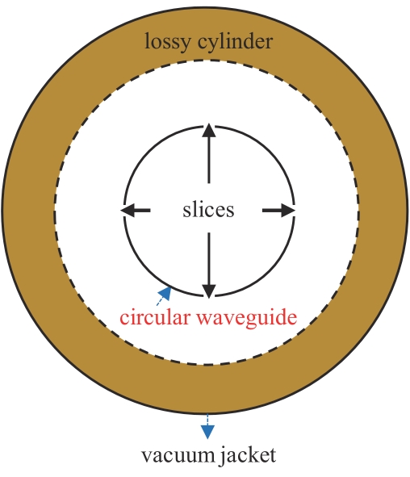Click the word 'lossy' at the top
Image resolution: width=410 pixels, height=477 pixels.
[x=167, y=42]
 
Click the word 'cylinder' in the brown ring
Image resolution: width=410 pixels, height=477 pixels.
[x=235, y=41]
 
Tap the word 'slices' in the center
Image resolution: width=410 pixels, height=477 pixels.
[x=208, y=210]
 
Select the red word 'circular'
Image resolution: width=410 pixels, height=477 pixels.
[x=154, y=317]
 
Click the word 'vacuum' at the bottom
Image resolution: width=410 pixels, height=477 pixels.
[x=178, y=456]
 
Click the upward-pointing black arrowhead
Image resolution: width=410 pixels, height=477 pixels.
[x=209, y=131]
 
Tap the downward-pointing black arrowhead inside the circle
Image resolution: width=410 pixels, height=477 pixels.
[x=209, y=291]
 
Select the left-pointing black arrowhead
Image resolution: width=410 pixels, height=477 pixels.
[x=128, y=210]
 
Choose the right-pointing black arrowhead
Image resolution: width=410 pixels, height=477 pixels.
[x=288, y=210]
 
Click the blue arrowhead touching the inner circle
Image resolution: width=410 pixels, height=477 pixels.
[x=165, y=293]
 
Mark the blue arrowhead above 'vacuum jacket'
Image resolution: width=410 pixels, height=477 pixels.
[x=207, y=432]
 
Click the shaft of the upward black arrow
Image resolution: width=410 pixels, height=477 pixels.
[x=209, y=161]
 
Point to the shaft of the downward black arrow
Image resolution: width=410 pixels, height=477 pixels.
[x=209, y=258]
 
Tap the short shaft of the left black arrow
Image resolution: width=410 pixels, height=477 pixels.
[x=142, y=210]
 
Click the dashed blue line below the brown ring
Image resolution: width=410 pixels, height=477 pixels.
[x=207, y=420]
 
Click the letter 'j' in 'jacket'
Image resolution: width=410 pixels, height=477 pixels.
[x=222, y=456]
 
